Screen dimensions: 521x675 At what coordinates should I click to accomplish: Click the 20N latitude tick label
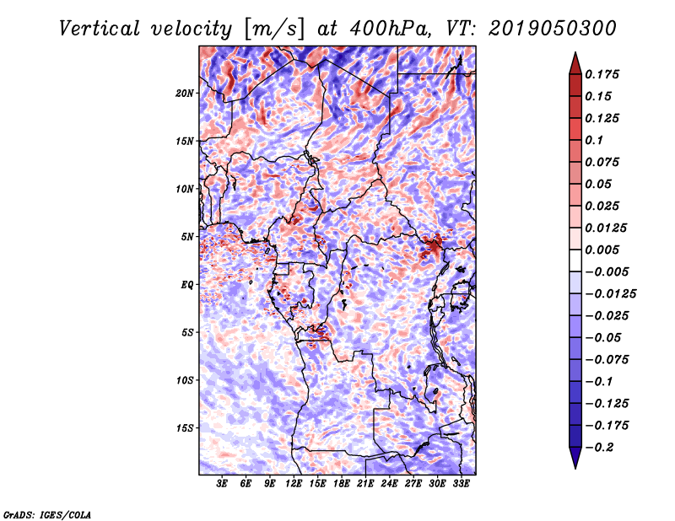click(x=185, y=93)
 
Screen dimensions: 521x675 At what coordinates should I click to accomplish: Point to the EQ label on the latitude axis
click(x=186, y=285)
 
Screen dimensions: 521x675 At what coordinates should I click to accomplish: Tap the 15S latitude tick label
click(x=185, y=428)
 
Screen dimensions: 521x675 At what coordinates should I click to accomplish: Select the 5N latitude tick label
click(x=187, y=237)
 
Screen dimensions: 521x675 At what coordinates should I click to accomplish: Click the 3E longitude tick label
click(x=222, y=485)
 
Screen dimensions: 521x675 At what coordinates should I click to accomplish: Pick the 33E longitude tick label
click(x=461, y=485)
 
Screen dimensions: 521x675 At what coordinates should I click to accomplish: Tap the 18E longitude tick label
click(x=341, y=485)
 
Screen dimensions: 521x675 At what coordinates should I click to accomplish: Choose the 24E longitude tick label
click(x=389, y=485)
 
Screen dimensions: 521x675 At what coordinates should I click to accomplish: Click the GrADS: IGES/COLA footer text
click(x=47, y=513)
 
